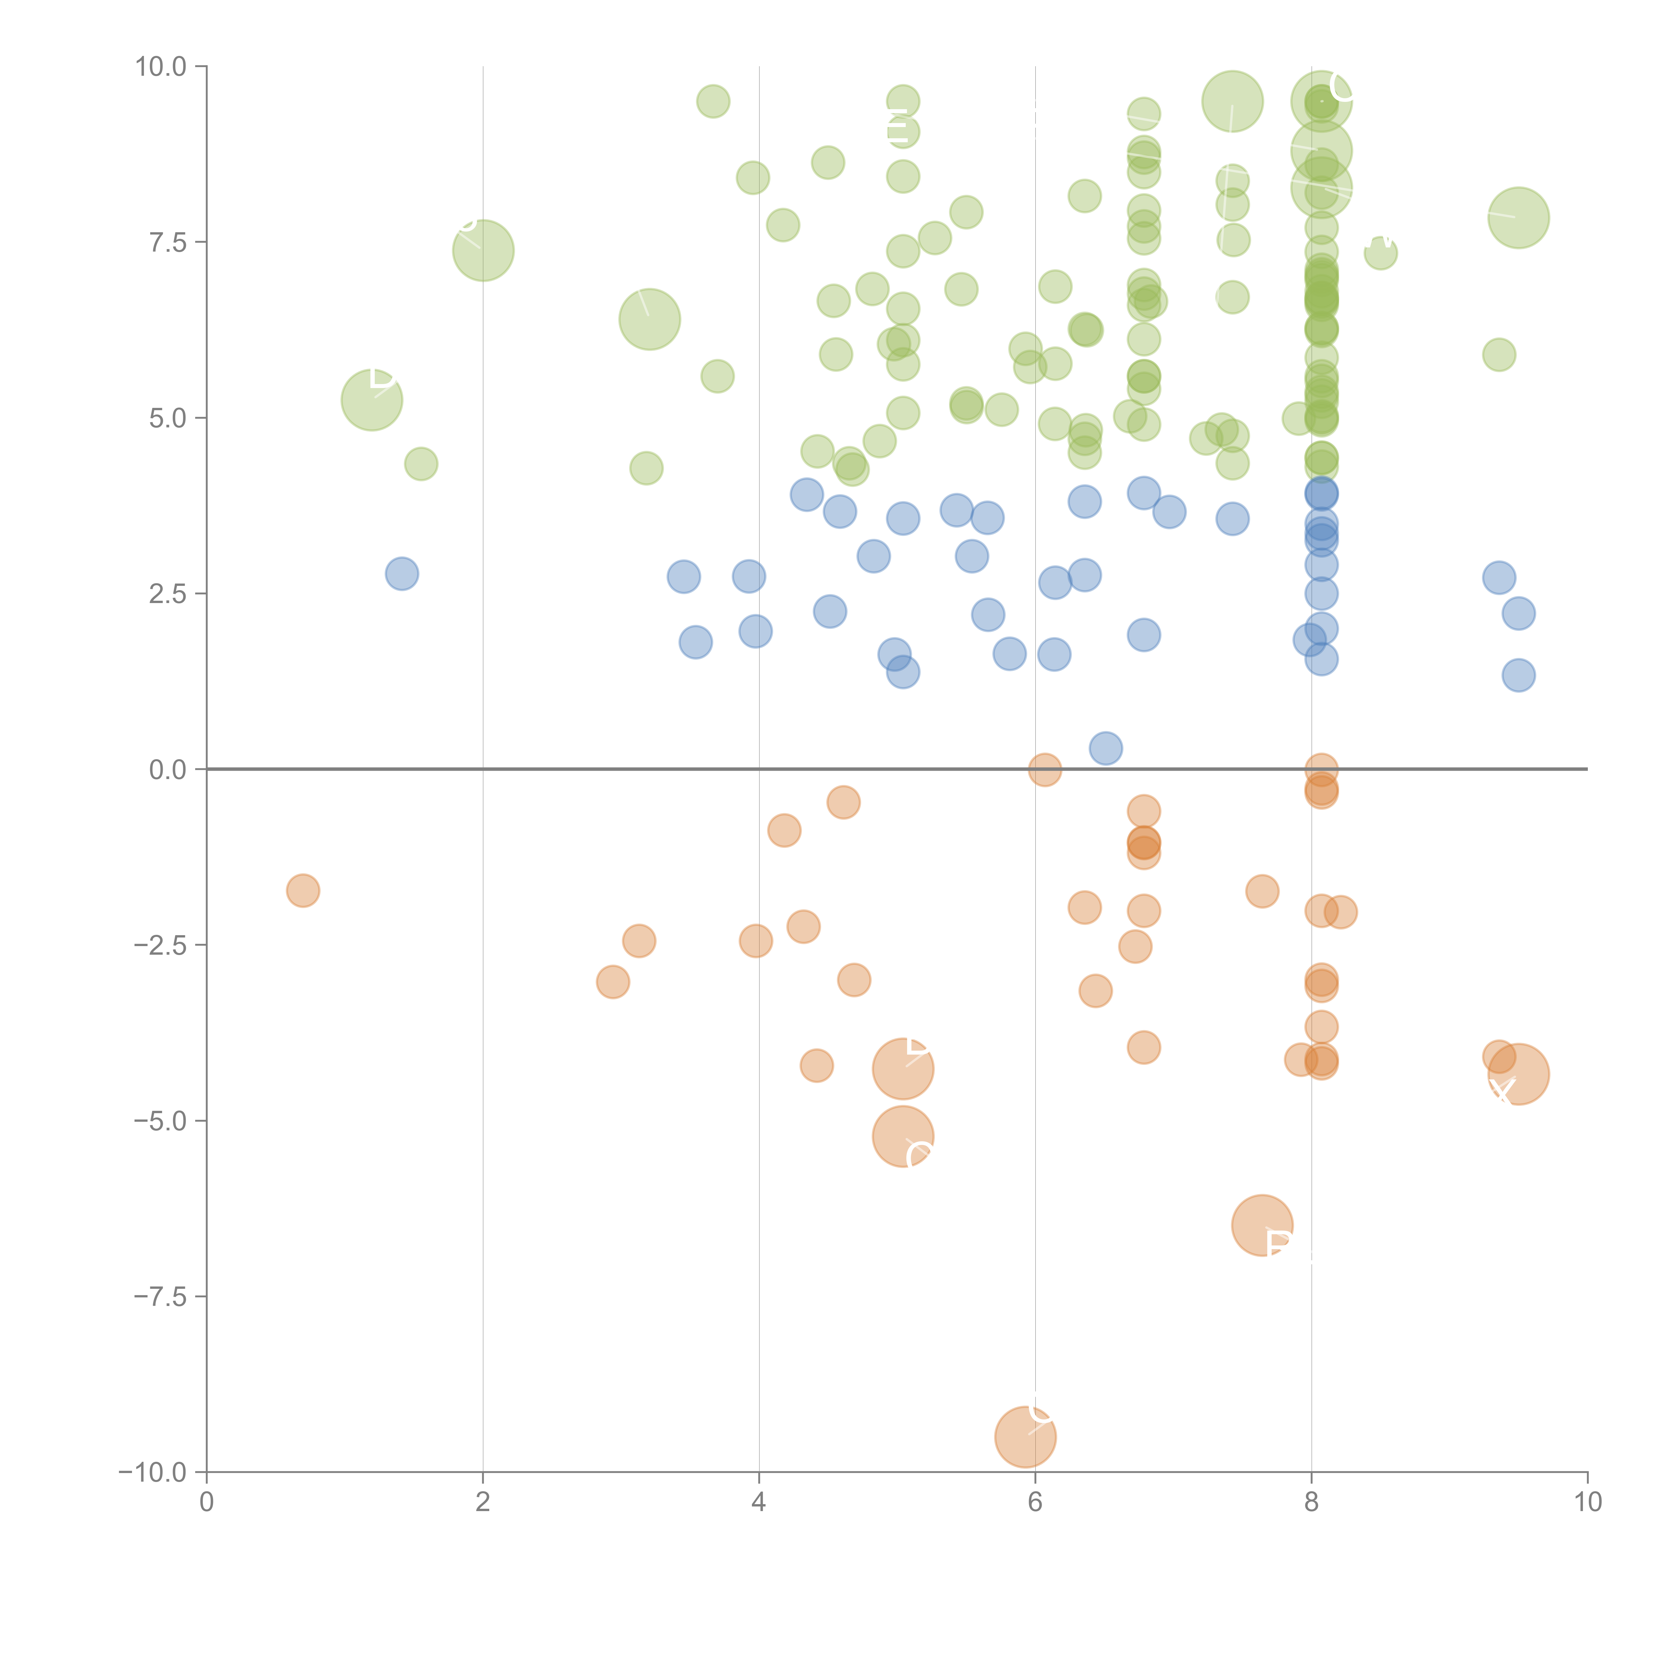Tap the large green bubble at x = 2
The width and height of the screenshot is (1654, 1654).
pos(483,250)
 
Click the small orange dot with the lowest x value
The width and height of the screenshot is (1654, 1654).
pos(303,891)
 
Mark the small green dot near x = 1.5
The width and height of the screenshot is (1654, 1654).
pos(420,464)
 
